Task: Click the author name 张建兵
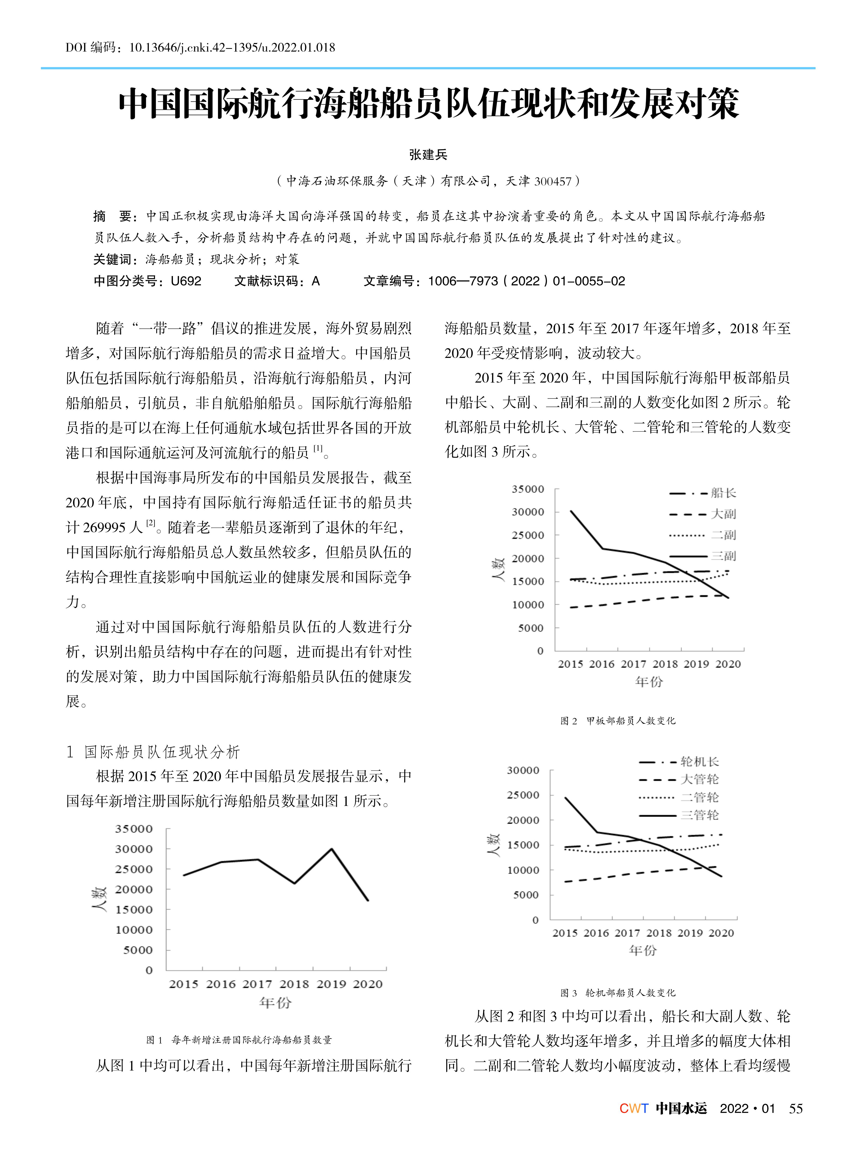click(x=428, y=154)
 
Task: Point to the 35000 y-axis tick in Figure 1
click(x=134, y=829)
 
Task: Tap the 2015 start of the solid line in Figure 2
click(x=571, y=511)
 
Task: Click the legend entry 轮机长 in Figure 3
click(x=700, y=761)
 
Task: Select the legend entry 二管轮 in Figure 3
click(x=700, y=797)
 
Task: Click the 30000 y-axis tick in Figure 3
click(x=523, y=771)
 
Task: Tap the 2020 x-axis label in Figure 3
click(x=721, y=933)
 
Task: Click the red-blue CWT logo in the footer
click(x=634, y=1109)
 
